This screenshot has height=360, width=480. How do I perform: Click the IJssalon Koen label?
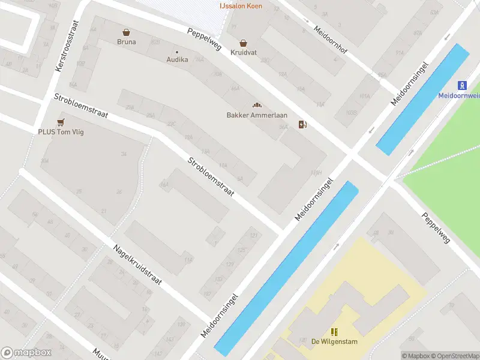click(240, 6)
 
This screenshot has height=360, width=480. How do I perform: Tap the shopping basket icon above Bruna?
click(126, 32)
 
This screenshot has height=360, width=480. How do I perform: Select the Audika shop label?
click(177, 59)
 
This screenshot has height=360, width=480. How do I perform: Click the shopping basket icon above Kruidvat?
click(243, 43)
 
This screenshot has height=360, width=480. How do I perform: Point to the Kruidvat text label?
click(243, 53)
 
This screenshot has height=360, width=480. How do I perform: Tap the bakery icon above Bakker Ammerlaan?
click(257, 106)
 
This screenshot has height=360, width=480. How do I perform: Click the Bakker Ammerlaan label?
click(257, 115)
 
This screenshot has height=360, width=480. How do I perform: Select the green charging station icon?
click(304, 125)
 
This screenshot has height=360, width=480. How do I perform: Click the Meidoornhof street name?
click(331, 38)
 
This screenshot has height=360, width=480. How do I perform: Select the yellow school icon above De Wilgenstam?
click(334, 332)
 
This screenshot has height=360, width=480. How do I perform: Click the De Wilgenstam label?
click(334, 342)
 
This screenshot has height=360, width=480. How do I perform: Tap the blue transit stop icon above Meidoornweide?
click(463, 85)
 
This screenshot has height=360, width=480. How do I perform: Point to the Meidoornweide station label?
click(460, 95)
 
